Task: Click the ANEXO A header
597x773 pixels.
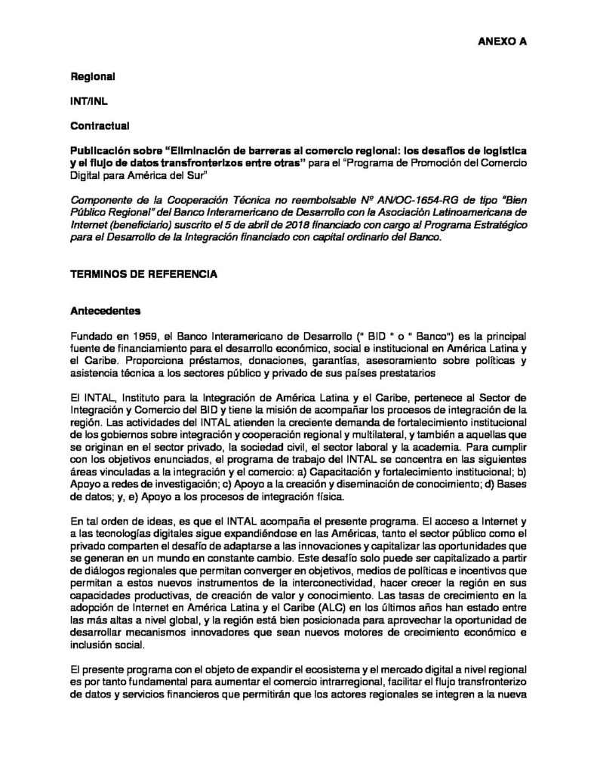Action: [501, 43]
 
